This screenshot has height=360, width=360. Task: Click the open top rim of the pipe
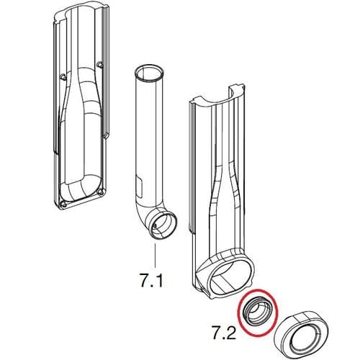pyautogui.click(x=149, y=72)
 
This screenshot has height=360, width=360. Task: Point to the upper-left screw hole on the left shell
pyautogui.click(x=65, y=75)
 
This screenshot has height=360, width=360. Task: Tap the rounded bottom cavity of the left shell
pyautogui.click(x=83, y=180)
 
